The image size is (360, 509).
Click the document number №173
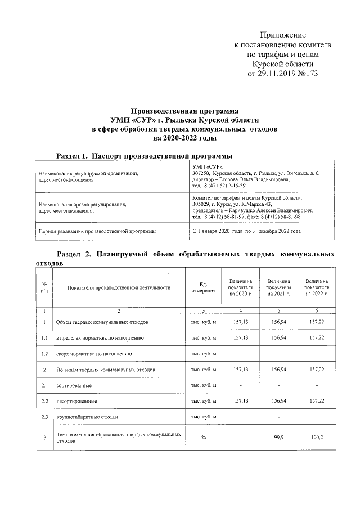pyautogui.click(x=307, y=74)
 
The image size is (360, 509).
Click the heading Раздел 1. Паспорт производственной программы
pyautogui.click(x=145, y=155)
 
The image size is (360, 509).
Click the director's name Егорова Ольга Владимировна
pyautogui.click(x=257, y=179)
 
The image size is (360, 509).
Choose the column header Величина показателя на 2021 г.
pyautogui.click(x=279, y=287)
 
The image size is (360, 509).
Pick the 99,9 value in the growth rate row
pyautogui.click(x=279, y=436)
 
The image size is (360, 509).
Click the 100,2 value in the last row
pyautogui.click(x=317, y=436)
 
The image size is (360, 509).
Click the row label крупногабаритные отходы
pyautogui.click(x=84, y=417)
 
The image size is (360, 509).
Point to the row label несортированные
pyautogui.click(x=76, y=401)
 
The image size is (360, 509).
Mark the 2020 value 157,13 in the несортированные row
pyautogui.click(x=241, y=401)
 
